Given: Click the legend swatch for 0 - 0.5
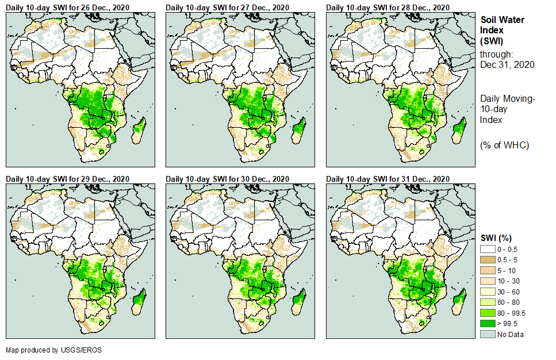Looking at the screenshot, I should pos(488,249).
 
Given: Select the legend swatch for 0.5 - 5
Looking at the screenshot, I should pos(488,260).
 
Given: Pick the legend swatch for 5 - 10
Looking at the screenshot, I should pos(488,270).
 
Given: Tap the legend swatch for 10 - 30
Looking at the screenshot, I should pos(488,281).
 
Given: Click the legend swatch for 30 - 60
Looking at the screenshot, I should pos(488,292).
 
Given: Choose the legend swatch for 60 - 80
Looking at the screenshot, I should pos(488,302).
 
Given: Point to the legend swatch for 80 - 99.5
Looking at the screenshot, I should pos(488,313).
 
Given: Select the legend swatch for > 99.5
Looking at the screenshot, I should pos(488,324).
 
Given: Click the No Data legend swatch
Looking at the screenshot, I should pos(488,334).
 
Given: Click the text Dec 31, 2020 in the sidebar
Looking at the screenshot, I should pos(507,64).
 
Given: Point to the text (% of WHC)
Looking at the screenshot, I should pos(504,145).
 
